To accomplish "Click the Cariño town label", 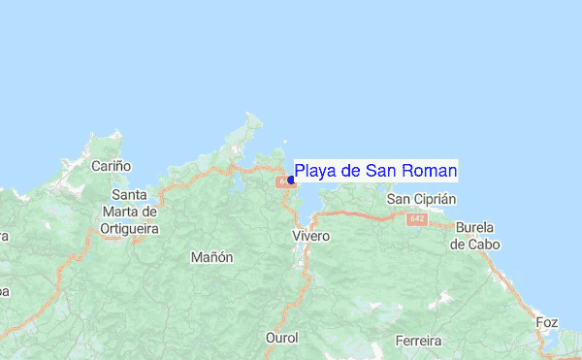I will pyautogui.click(x=111, y=166).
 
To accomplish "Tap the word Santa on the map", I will pyautogui.click(x=129, y=195).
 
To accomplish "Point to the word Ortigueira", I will pyautogui.click(x=129, y=228).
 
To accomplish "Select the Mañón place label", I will pyautogui.click(x=212, y=257).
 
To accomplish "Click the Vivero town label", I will pyautogui.click(x=311, y=236).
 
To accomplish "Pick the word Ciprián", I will pyautogui.click(x=433, y=199).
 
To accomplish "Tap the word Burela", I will pyautogui.click(x=476, y=228).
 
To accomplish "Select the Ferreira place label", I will pyautogui.click(x=419, y=341).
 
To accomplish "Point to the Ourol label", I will pyautogui.click(x=281, y=338).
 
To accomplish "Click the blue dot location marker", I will pyautogui.click(x=291, y=180).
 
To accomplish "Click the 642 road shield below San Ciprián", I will pyautogui.click(x=417, y=219).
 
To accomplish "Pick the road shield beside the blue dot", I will pyautogui.click(x=282, y=181).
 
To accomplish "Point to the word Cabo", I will pyautogui.click(x=486, y=245).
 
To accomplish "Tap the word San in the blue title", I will pyautogui.click(x=380, y=172).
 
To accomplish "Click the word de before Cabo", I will pyautogui.click(x=459, y=245).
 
